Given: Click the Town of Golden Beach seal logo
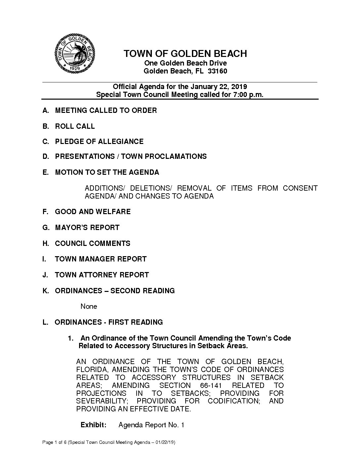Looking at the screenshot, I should pos(75,53).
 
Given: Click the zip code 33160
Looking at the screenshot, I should pos(217,71).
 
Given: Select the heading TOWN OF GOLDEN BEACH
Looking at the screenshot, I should pos(185,54).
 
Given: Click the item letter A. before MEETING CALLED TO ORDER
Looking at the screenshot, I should pos(46,111).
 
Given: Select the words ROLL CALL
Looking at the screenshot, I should pos(75,126).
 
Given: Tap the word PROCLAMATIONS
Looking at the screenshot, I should pos(164,157).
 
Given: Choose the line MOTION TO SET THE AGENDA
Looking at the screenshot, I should pos(107,172).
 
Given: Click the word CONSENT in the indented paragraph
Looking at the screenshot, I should pos(300,188).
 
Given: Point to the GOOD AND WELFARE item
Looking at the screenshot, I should pos(93,212).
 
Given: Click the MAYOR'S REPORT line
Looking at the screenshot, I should pos(87,228).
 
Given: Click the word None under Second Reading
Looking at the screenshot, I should pos(89,306).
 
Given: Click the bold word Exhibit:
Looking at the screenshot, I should pos(93,425).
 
